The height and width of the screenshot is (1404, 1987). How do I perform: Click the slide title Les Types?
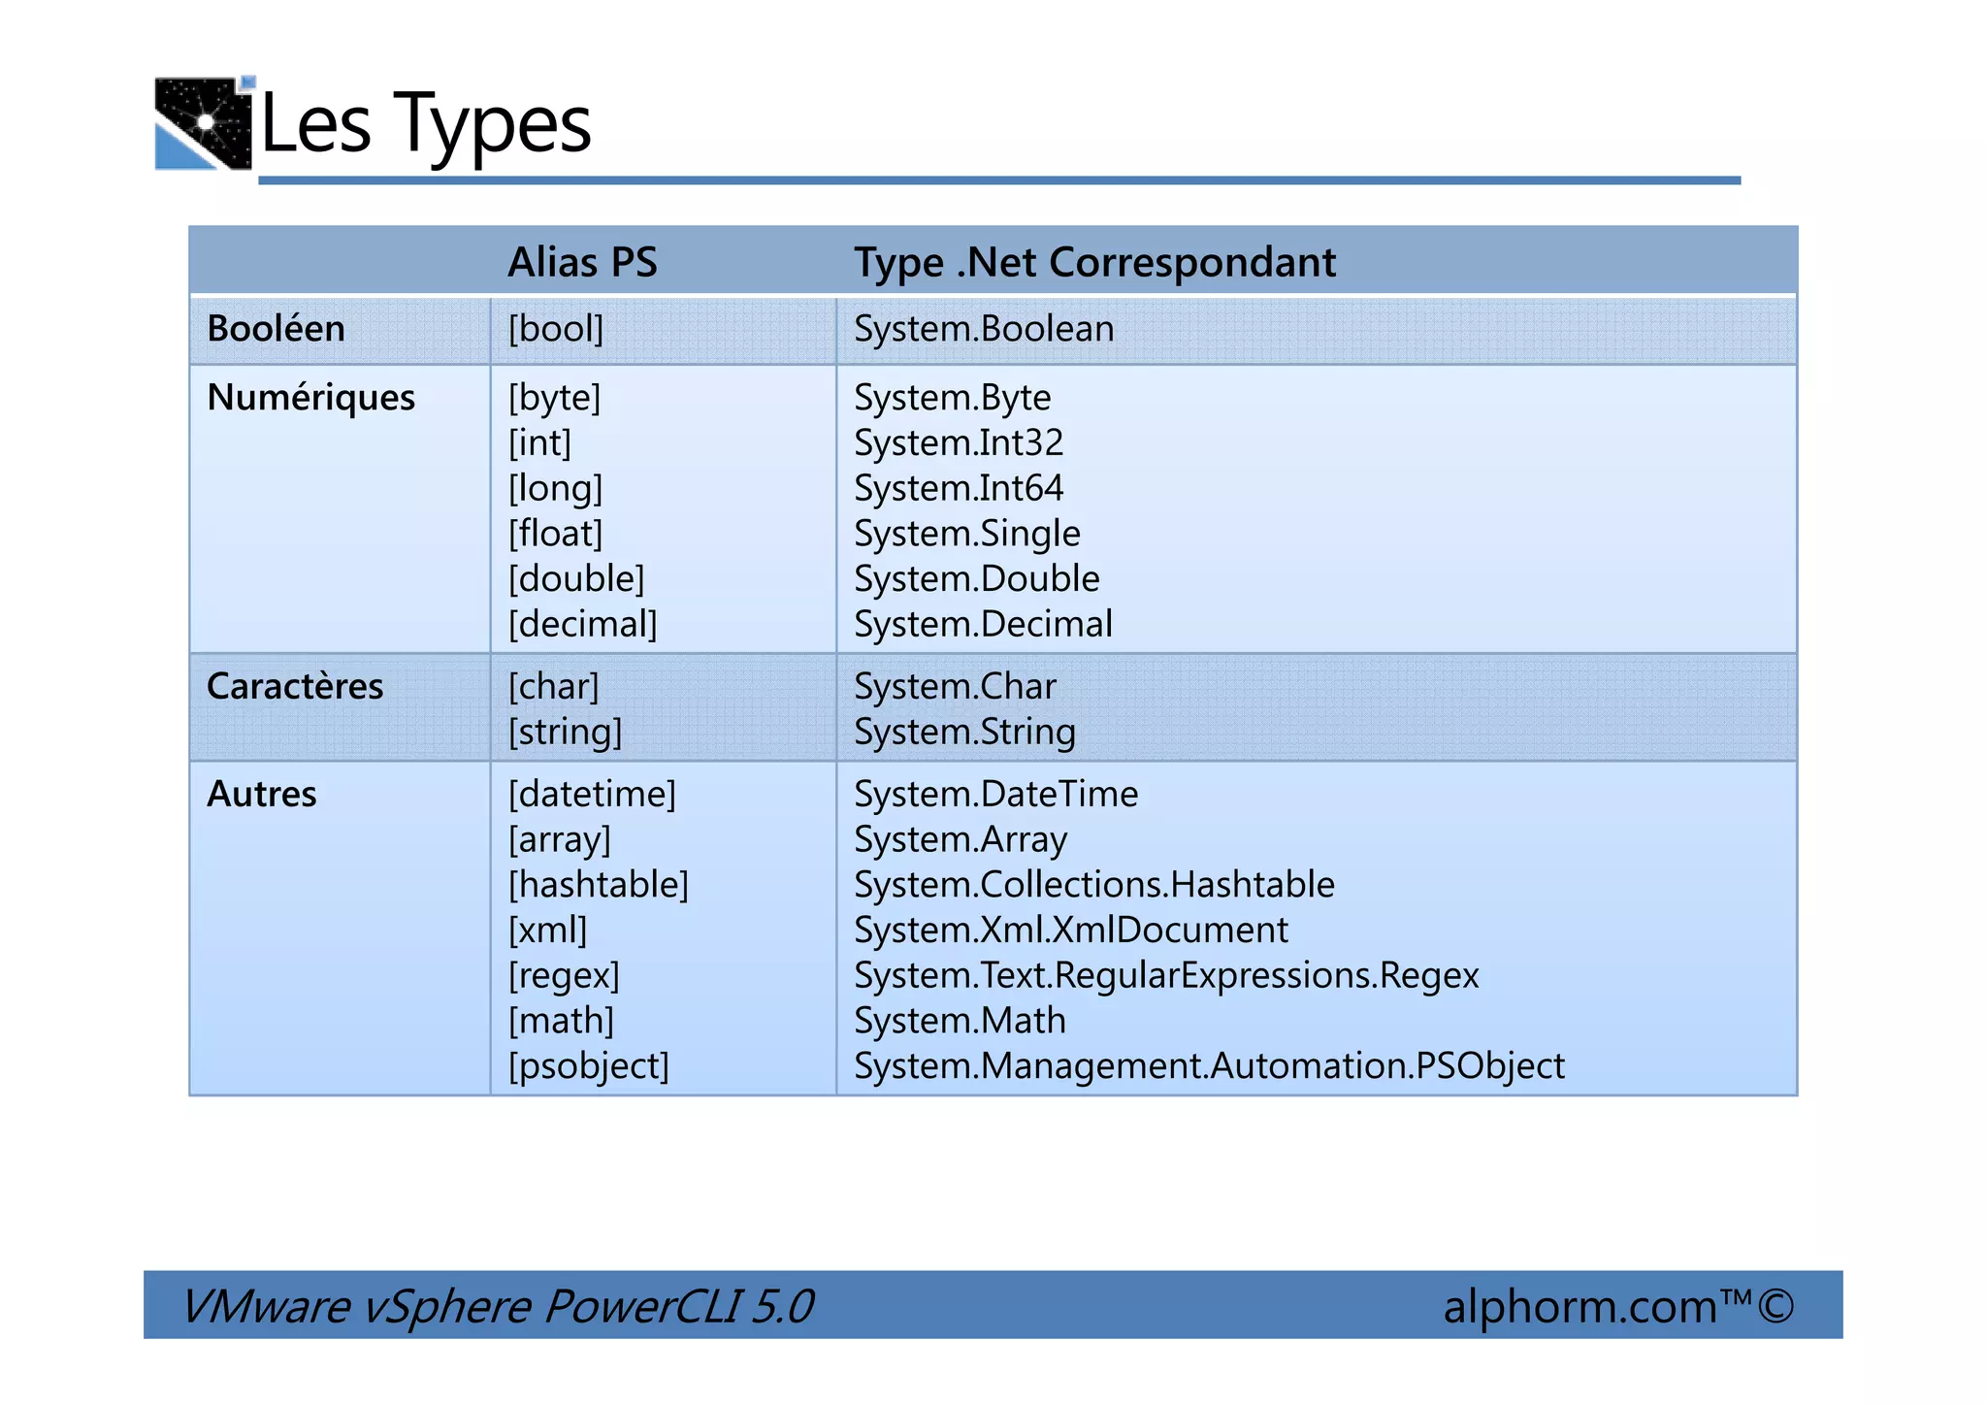pyautogui.click(x=426, y=124)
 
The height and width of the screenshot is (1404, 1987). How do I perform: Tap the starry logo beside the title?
pyautogui.click(x=204, y=123)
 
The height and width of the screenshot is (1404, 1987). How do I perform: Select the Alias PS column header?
pyautogui.click(x=582, y=262)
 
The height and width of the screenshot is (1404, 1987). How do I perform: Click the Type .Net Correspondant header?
pyautogui.click(x=1094, y=262)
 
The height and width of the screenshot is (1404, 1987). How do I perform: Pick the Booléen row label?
pyautogui.click(x=276, y=329)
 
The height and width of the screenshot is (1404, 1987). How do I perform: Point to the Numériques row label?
pyautogui.click(x=310, y=398)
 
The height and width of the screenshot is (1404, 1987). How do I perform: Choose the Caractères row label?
pyautogui.click(x=295, y=687)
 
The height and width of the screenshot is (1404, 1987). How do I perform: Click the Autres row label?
pyautogui.click(x=262, y=795)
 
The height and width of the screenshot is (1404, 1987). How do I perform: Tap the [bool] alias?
pyautogui.click(x=556, y=329)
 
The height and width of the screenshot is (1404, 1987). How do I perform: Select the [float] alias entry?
pyautogui.click(x=556, y=534)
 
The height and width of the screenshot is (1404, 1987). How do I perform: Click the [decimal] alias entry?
pyautogui.click(x=582, y=624)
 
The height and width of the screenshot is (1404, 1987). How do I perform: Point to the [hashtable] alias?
pyautogui.click(x=599, y=885)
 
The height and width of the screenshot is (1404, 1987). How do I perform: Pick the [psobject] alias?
pyautogui.click(x=589, y=1066)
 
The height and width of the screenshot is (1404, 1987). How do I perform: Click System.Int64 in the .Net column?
pyautogui.click(x=959, y=488)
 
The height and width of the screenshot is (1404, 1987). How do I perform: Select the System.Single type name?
pyautogui.click(x=966, y=534)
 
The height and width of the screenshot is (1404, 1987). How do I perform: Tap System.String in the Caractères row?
pyautogui.click(x=964, y=733)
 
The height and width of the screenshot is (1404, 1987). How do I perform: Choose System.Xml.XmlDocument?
pyautogui.click(x=1071, y=931)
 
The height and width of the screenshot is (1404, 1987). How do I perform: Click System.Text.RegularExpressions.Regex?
pyautogui.click(x=1166, y=975)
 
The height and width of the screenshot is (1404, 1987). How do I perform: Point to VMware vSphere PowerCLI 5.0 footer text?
pyautogui.click(x=498, y=1306)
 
